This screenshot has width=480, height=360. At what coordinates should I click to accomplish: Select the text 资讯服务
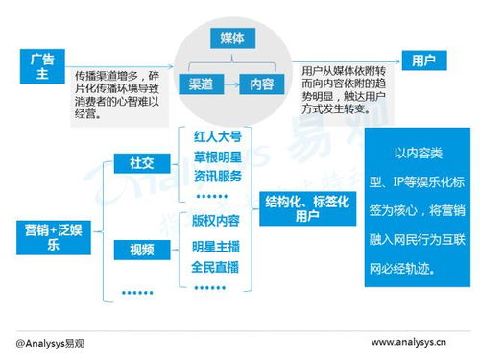click(216, 179)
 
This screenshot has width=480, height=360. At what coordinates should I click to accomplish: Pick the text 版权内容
click(216, 220)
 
